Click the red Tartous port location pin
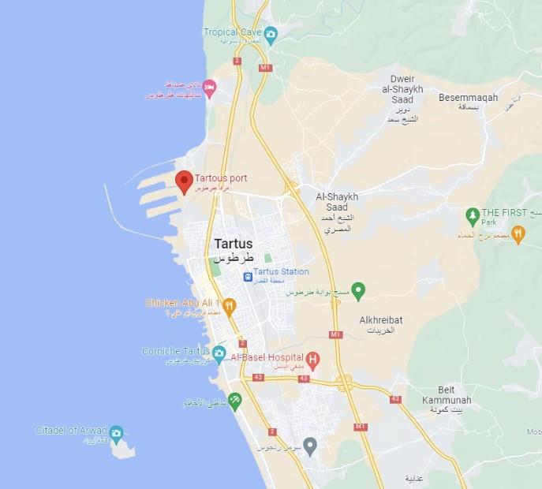tap(184, 181)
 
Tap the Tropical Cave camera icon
tap(271, 34)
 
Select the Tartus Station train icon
tap(248, 277)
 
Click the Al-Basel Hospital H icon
tap(312, 361)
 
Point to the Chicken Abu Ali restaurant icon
tap(230, 306)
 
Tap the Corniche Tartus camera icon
tap(219, 353)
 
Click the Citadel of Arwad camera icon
tap(116, 433)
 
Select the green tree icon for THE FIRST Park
tap(472, 215)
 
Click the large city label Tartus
tap(234, 244)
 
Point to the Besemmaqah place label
tap(469, 97)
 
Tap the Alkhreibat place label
tap(382, 320)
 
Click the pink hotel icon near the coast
tap(209, 88)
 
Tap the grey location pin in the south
tap(310, 446)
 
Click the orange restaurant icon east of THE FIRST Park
tap(518, 233)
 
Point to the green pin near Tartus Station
tap(357, 290)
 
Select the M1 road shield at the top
tap(265, 68)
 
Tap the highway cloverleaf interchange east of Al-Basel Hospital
tap(345, 383)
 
